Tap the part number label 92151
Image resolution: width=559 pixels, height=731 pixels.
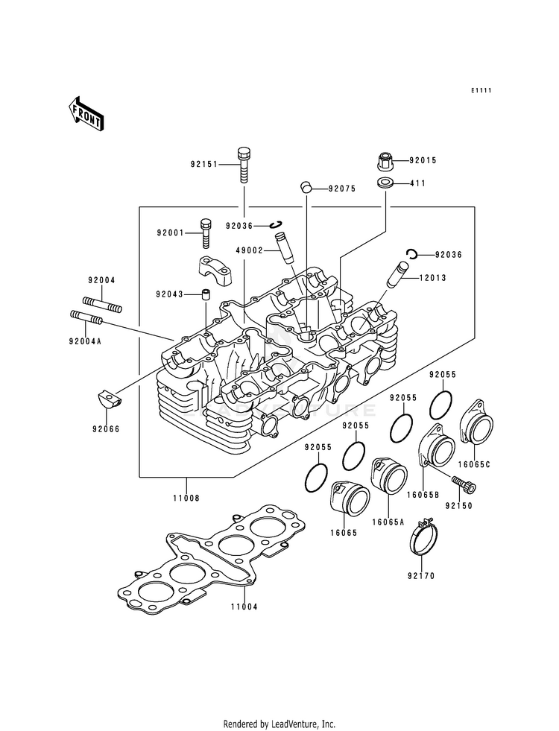(x=204, y=165)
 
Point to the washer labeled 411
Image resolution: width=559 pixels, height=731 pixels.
(x=385, y=183)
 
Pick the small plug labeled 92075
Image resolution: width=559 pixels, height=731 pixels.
(x=306, y=187)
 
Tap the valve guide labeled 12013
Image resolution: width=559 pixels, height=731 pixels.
(x=398, y=276)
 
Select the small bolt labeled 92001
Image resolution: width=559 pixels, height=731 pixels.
(x=206, y=233)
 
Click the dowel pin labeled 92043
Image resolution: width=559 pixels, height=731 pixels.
(x=206, y=295)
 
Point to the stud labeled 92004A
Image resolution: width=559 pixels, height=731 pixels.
(x=86, y=318)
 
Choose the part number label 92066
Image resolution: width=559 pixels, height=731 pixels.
(x=106, y=429)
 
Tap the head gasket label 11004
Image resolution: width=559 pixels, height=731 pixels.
(x=244, y=607)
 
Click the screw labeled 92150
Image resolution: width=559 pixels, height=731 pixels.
(x=464, y=484)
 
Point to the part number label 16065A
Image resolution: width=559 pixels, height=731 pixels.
(x=388, y=522)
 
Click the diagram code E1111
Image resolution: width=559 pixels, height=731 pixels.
(x=481, y=90)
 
